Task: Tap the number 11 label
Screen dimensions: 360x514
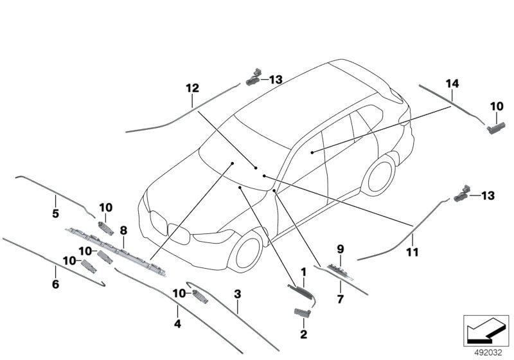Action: tap(412, 253)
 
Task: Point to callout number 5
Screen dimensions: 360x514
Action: tap(55, 213)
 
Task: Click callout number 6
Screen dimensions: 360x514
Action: tap(55, 283)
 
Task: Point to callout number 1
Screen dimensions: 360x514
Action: tap(303, 273)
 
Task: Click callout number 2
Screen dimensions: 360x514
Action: tap(303, 334)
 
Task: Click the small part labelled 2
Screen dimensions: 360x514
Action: tap(302, 312)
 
